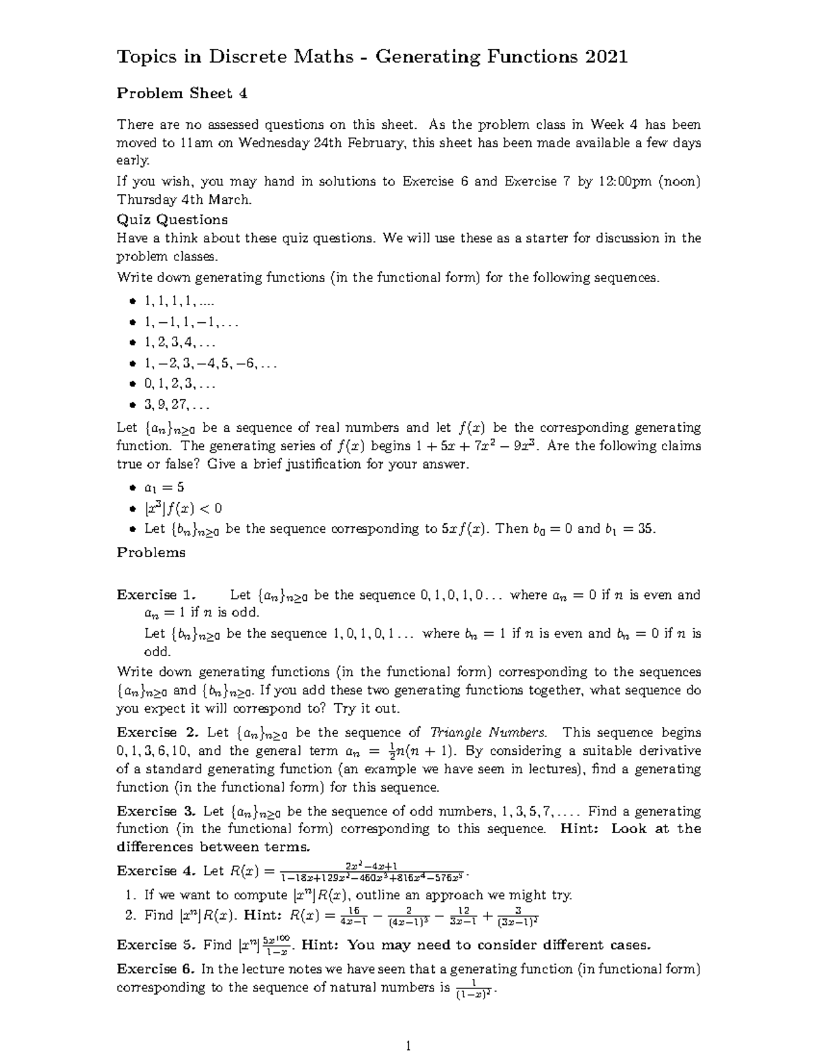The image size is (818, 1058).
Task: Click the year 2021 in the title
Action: click(604, 57)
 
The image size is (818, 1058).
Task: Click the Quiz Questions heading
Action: click(172, 219)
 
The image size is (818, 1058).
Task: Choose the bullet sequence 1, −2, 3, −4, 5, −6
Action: click(210, 364)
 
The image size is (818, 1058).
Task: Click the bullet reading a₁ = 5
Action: click(164, 487)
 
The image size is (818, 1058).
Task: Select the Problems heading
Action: click(151, 553)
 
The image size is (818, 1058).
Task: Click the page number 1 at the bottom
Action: click(409, 1046)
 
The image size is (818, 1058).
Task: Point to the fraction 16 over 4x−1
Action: click(353, 916)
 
